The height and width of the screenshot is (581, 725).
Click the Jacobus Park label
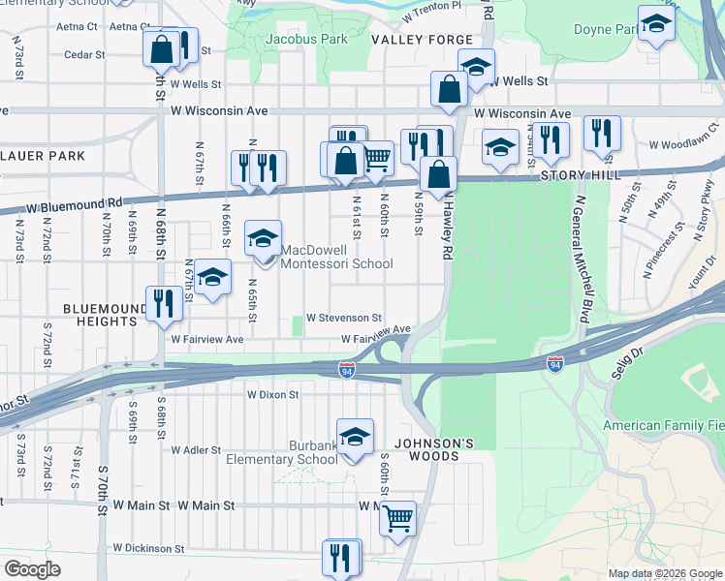click(x=305, y=40)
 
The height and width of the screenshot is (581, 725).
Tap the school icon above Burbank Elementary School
click(x=356, y=437)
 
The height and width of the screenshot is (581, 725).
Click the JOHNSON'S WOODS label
click(x=438, y=444)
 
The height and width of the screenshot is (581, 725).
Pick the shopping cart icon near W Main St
click(x=397, y=519)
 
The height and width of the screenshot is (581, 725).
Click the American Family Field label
click(x=663, y=426)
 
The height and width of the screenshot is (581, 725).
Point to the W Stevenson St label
click(x=344, y=318)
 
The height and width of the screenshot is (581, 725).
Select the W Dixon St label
click(x=273, y=395)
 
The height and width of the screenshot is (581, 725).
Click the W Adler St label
click(x=196, y=450)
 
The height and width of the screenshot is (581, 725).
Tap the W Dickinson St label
click(x=148, y=548)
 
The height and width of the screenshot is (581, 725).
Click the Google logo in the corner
click(x=33, y=569)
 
